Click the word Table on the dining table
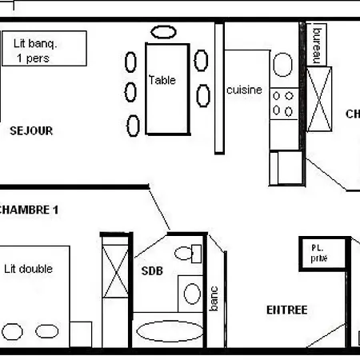pyautogui.click(x=162, y=80)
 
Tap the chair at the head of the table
pyautogui.click(x=164, y=32)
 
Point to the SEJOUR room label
pyautogui.click(x=32, y=130)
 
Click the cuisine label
pyautogui.click(x=244, y=90)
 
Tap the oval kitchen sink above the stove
pyautogui.click(x=283, y=64)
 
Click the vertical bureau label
pyautogui.click(x=316, y=42)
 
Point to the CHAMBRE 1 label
pyautogui.click(x=30, y=210)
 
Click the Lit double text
pyautogui.click(x=28, y=269)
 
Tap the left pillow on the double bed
pyautogui.click(x=13, y=330)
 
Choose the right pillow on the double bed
pyautogui.click(x=46, y=330)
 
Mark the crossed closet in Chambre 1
pyautogui.click(x=115, y=272)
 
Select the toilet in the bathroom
pyautogui.click(x=187, y=254)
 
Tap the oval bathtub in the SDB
pyautogui.click(x=166, y=330)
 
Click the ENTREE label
pyautogui.click(x=286, y=310)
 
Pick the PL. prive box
pyautogui.click(x=324, y=253)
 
